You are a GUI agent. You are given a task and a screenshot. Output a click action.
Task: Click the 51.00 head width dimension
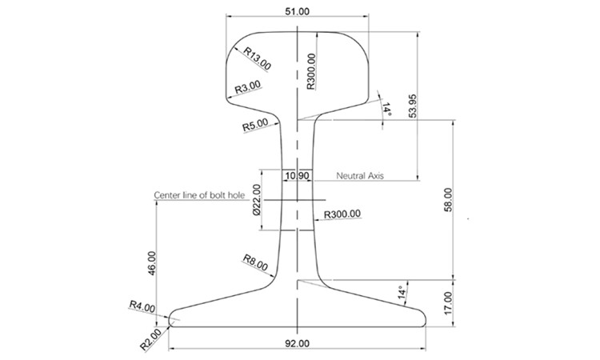(298, 10)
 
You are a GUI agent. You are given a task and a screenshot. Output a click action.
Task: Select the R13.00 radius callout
(258, 58)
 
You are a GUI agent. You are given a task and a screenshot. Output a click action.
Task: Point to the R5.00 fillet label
(255, 126)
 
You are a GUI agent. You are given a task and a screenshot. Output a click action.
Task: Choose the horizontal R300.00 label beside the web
(342, 214)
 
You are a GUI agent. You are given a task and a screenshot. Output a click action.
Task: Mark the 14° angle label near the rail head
(387, 109)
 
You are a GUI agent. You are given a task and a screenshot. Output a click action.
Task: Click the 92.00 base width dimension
(298, 343)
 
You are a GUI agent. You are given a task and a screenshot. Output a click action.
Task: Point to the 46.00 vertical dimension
(152, 263)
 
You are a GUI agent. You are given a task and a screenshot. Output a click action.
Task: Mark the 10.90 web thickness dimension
(298, 174)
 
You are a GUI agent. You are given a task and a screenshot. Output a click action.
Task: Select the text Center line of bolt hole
(199, 194)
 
